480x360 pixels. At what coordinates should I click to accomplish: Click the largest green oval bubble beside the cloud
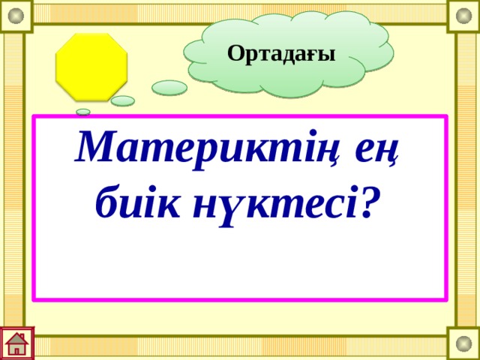tap(169, 88)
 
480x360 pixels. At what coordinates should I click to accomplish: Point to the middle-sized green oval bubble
tap(123, 100)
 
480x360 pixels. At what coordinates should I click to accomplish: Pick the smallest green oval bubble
tap(83, 112)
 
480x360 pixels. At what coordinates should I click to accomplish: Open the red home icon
tap(17, 343)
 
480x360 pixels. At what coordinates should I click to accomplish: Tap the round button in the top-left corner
tap(16, 15)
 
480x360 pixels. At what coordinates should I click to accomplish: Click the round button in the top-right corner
tap(463, 15)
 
